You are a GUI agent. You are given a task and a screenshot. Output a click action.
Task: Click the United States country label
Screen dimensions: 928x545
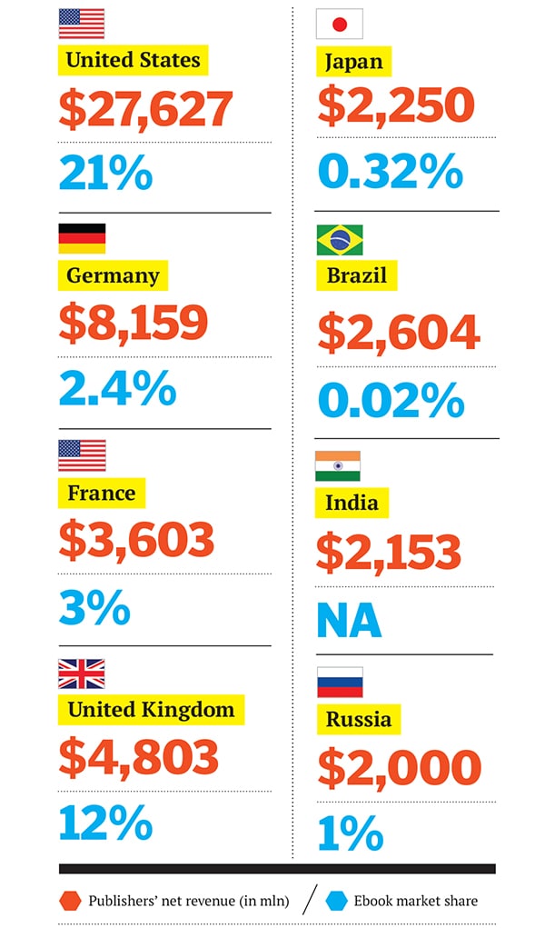[x=134, y=61]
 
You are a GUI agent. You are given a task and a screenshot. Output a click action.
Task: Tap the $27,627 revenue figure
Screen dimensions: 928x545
[x=146, y=108]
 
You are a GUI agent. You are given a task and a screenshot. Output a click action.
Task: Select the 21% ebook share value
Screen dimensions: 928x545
[x=105, y=173]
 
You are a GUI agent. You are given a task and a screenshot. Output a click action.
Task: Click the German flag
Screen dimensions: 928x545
[x=82, y=238]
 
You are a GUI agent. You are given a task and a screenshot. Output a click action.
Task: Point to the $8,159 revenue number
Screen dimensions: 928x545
[x=134, y=323]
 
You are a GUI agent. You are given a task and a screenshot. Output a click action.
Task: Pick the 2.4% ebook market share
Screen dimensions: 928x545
[x=117, y=388]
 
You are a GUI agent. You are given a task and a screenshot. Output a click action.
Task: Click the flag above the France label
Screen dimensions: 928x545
[x=82, y=455]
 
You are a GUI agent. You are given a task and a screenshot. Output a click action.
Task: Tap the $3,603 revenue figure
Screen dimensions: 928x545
[x=136, y=539]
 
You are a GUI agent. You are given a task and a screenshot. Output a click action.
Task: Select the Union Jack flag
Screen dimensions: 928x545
[x=82, y=674]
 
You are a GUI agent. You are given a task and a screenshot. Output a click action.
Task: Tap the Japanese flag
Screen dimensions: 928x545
[x=339, y=24]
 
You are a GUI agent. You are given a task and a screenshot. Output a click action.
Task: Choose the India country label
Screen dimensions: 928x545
[x=352, y=501]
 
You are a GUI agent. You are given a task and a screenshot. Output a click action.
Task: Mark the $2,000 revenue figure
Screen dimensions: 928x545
[x=399, y=768]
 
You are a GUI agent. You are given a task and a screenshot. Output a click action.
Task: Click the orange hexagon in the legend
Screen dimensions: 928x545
[x=71, y=901]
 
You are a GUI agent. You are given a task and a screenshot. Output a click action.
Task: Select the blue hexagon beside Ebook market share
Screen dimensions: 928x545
[x=338, y=901]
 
